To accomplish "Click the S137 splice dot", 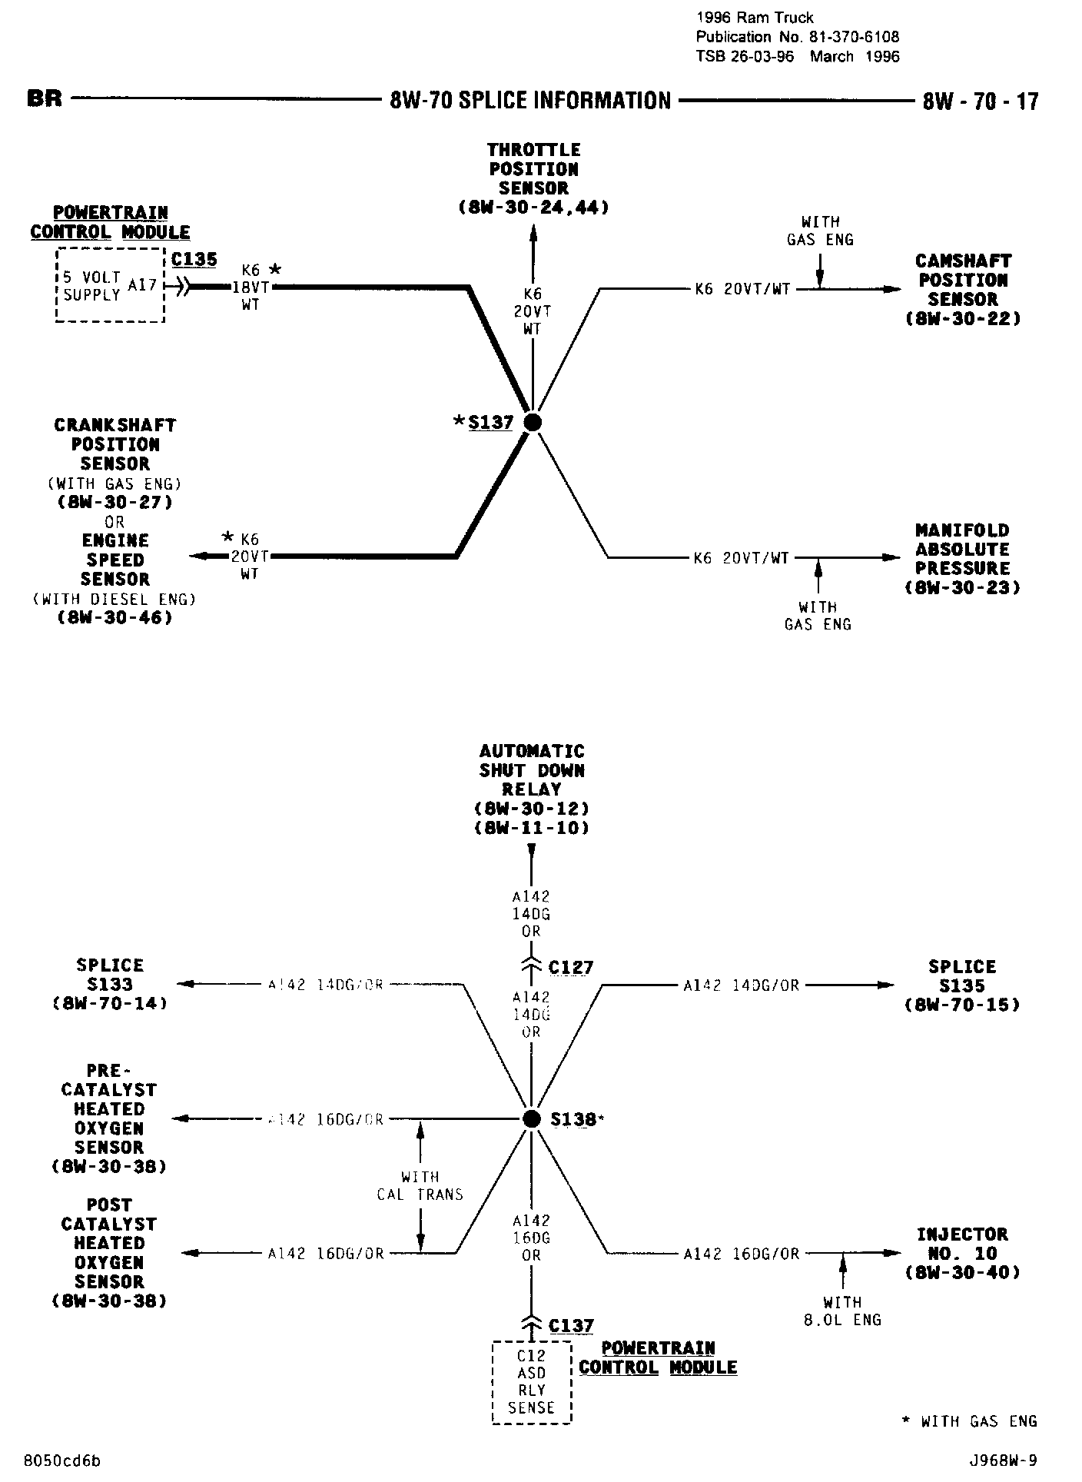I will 532,422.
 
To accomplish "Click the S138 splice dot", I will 532,1118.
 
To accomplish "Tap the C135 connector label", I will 194,260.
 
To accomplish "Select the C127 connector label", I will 571,967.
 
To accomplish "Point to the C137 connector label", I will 571,1325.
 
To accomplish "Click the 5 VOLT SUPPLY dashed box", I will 110,286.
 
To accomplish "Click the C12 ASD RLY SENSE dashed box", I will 531,1382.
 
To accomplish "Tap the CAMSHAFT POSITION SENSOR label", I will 963,290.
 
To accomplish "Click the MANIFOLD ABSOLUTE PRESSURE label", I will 962,559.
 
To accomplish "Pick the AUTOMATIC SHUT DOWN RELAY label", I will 532,789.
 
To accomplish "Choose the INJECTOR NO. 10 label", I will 962,1254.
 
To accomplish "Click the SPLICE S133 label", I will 110,984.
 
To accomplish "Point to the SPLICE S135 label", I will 962,985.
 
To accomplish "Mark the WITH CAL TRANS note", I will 420,1185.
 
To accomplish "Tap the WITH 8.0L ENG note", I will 842,1311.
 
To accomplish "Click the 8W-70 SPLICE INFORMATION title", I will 530,101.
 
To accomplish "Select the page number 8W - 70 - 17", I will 981,101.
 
